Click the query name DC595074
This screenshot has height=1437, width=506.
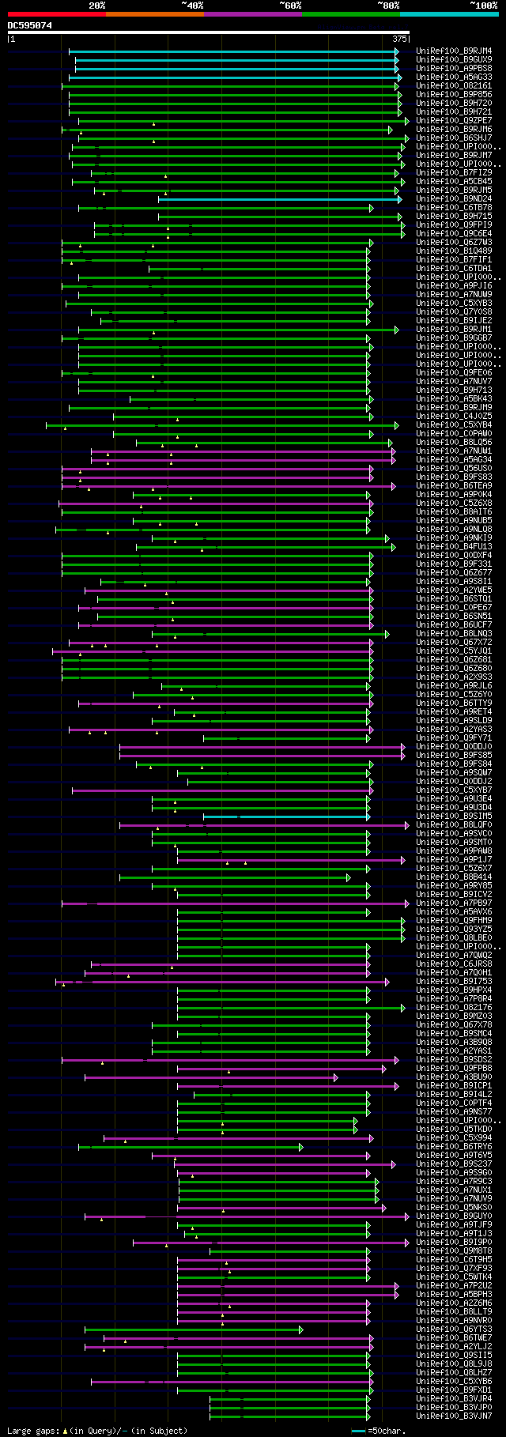coord(30,25)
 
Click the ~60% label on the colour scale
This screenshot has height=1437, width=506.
coord(290,6)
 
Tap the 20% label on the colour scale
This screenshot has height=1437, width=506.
coord(96,6)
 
